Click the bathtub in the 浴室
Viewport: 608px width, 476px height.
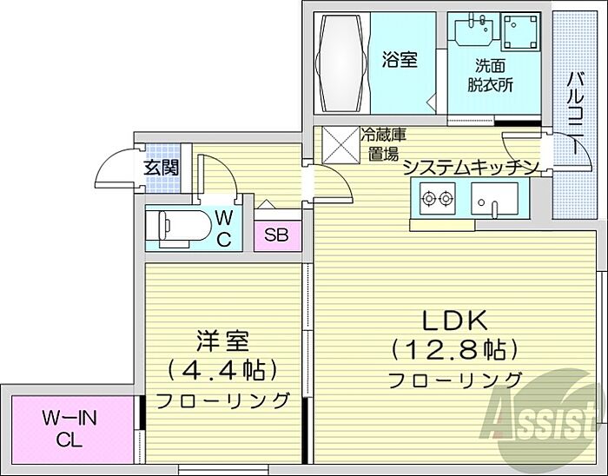[342, 63]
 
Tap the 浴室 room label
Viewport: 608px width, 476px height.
[400, 61]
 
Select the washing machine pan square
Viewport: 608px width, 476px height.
[521, 32]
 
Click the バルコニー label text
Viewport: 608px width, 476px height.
[577, 113]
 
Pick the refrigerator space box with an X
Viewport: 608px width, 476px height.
[340, 145]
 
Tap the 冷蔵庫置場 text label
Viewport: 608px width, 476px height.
[384, 144]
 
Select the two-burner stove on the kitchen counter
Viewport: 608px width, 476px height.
[437, 198]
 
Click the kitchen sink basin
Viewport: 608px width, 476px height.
[494, 199]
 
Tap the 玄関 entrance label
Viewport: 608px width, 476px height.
[162, 168]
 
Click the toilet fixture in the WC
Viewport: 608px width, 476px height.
[178, 229]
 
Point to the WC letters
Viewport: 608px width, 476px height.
[224, 229]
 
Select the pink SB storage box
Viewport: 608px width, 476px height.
[277, 235]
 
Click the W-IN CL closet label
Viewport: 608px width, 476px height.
[69, 429]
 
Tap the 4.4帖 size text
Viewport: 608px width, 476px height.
[222, 370]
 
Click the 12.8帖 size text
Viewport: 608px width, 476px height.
[455, 350]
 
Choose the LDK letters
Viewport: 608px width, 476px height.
[454, 321]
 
